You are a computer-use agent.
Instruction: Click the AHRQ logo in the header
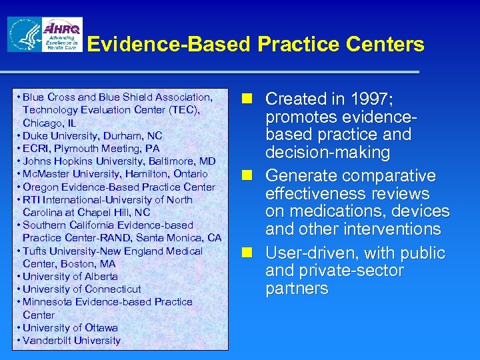click(x=62, y=35)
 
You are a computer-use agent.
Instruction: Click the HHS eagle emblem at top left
click(x=23, y=35)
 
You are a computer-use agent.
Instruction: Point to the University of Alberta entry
click(x=70, y=276)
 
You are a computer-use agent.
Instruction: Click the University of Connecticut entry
click(x=82, y=289)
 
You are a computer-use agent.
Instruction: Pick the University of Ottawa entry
click(x=70, y=327)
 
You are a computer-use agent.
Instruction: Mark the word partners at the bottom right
click(x=297, y=289)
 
